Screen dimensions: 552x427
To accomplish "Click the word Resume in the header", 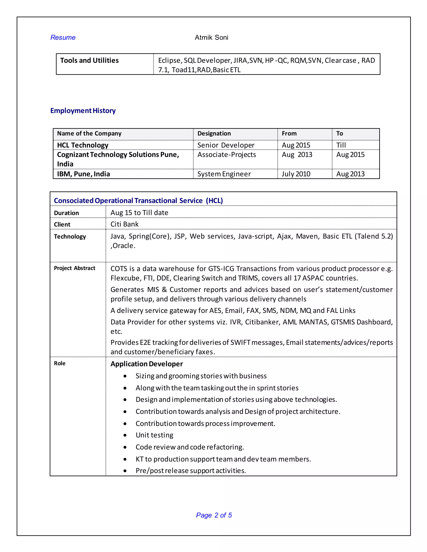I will point(63,37).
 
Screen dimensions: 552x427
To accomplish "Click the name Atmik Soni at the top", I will point(211,37).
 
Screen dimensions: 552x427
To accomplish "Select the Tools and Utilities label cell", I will point(89,60).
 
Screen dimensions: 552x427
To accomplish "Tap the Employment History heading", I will point(83,111).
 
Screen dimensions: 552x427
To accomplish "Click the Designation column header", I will point(214,134).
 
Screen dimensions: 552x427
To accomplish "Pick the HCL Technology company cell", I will point(83,145).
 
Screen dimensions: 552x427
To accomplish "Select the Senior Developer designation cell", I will point(226,145).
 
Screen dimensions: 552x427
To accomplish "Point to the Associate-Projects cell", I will point(226,155).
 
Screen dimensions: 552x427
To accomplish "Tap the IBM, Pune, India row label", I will point(83,174).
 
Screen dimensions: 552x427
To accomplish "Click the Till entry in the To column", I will point(341,145).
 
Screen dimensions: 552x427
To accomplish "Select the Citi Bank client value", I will point(124,224).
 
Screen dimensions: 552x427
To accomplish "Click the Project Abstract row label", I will point(74,268).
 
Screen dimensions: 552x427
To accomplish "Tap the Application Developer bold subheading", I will point(146,364).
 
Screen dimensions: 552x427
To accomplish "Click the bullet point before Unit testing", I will point(125,435).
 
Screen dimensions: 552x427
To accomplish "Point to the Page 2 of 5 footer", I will point(214,515).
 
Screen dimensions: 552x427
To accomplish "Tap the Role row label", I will point(59,363).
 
